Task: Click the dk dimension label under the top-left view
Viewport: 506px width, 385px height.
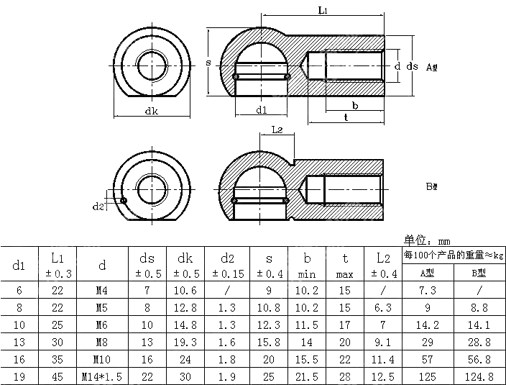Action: pos(152,111)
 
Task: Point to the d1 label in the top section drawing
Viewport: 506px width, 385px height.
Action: pos(261,110)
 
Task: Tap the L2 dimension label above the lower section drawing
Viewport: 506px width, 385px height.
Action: pos(279,130)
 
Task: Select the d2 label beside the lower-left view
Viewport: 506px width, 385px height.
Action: pos(99,207)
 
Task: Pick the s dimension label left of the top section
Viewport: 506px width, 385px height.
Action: pos(208,63)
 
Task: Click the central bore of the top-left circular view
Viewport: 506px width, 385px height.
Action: pos(152,61)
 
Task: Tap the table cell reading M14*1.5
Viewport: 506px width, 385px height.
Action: pos(102,376)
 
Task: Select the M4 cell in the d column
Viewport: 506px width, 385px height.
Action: pos(102,290)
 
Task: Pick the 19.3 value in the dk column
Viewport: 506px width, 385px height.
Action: pos(185,342)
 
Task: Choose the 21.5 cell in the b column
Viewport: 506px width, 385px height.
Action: pos(307,376)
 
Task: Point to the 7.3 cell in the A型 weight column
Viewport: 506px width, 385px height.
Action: pos(428,290)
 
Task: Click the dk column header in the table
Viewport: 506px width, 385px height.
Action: pos(185,257)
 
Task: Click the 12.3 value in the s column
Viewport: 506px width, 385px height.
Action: pos(269,325)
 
